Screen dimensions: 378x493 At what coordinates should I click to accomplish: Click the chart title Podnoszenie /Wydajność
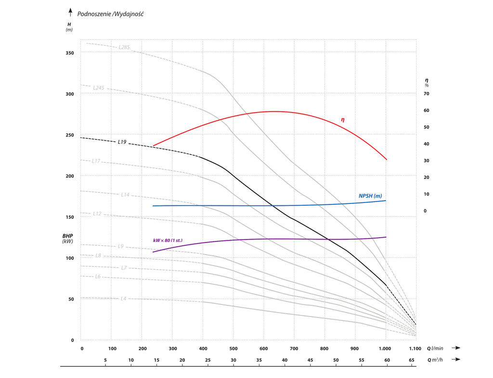(110, 13)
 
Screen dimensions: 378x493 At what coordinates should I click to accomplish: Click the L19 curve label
(122, 142)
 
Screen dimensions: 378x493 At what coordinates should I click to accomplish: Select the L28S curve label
(124, 47)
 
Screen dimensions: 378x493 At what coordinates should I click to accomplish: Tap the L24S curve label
(99, 88)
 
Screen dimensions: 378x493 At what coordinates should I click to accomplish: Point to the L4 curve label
(124, 299)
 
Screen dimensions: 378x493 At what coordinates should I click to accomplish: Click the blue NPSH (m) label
(370, 196)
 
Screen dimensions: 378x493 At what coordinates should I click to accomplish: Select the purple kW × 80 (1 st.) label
(168, 240)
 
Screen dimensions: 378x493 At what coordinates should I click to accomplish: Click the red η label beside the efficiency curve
(343, 119)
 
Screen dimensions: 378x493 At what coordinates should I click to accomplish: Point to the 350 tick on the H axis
(69, 53)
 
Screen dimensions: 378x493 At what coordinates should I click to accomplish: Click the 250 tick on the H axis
(69, 135)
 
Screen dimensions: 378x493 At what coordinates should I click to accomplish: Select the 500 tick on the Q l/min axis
(234, 349)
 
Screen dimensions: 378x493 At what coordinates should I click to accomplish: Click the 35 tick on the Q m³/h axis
(259, 360)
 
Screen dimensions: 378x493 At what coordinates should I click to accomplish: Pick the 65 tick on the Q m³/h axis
(411, 360)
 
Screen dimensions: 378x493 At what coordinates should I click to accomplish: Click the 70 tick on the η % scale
(426, 94)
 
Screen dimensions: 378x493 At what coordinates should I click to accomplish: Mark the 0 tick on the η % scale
(425, 211)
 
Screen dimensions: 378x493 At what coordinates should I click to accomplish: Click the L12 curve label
(97, 214)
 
